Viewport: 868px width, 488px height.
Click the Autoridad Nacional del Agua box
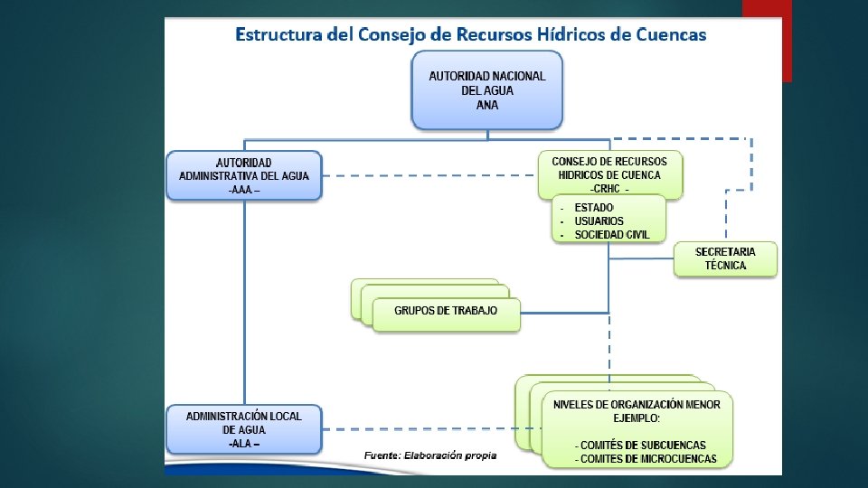point(486,89)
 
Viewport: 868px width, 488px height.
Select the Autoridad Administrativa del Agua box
point(243,176)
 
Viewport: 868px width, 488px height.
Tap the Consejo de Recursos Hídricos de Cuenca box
point(609,175)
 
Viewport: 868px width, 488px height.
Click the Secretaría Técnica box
point(725,259)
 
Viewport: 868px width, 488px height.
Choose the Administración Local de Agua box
point(243,429)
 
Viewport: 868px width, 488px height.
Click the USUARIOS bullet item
point(599,221)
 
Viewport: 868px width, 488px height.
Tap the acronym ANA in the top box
point(486,106)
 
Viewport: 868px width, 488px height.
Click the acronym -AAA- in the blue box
point(243,191)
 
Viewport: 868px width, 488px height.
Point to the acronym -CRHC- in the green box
point(609,189)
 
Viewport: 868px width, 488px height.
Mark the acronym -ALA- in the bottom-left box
point(243,444)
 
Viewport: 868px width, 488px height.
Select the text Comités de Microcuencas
point(645,459)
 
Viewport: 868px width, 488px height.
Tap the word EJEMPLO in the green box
point(637,418)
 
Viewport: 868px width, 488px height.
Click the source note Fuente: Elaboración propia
point(430,455)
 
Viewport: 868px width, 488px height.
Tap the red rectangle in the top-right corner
point(767,41)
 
